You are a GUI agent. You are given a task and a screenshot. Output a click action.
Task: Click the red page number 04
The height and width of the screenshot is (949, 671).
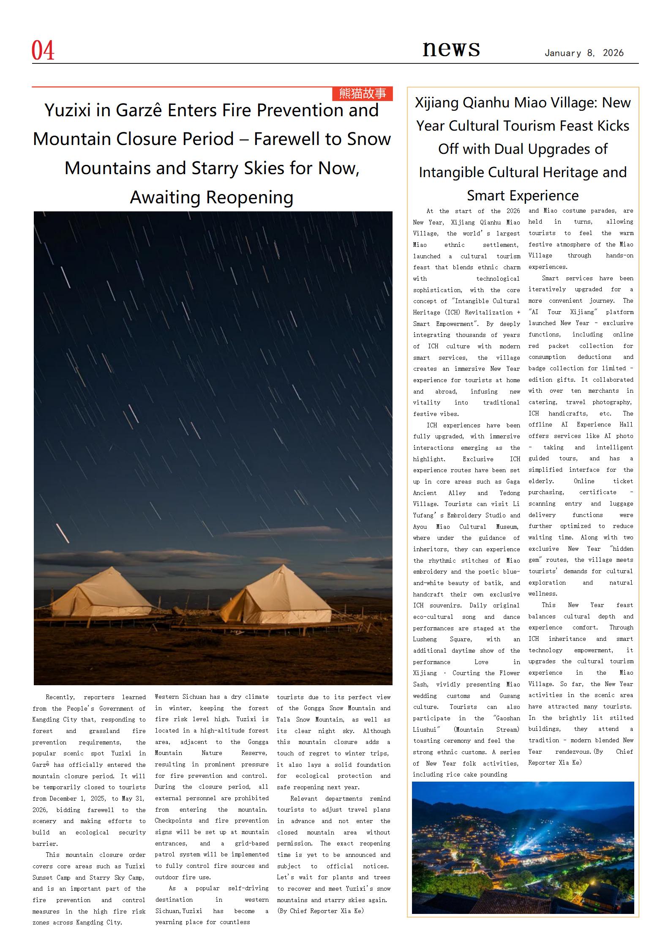(x=43, y=50)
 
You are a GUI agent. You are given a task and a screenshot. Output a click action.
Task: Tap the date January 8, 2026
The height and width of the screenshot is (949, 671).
(x=584, y=53)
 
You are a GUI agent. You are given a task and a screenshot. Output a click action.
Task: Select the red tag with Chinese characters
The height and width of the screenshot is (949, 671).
(x=362, y=93)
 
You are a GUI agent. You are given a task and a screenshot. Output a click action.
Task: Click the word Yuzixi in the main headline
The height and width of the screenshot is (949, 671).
(x=67, y=110)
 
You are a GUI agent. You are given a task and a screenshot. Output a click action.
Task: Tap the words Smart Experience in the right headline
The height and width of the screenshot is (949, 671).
(x=523, y=196)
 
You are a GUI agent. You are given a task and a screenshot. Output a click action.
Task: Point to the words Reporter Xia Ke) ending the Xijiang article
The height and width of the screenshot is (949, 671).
(x=555, y=763)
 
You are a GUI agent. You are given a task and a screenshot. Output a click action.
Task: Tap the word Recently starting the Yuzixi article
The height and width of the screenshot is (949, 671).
(x=60, y=697)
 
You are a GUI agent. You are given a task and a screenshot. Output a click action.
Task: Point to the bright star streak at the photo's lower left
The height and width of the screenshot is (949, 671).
(x=62, y=533)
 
